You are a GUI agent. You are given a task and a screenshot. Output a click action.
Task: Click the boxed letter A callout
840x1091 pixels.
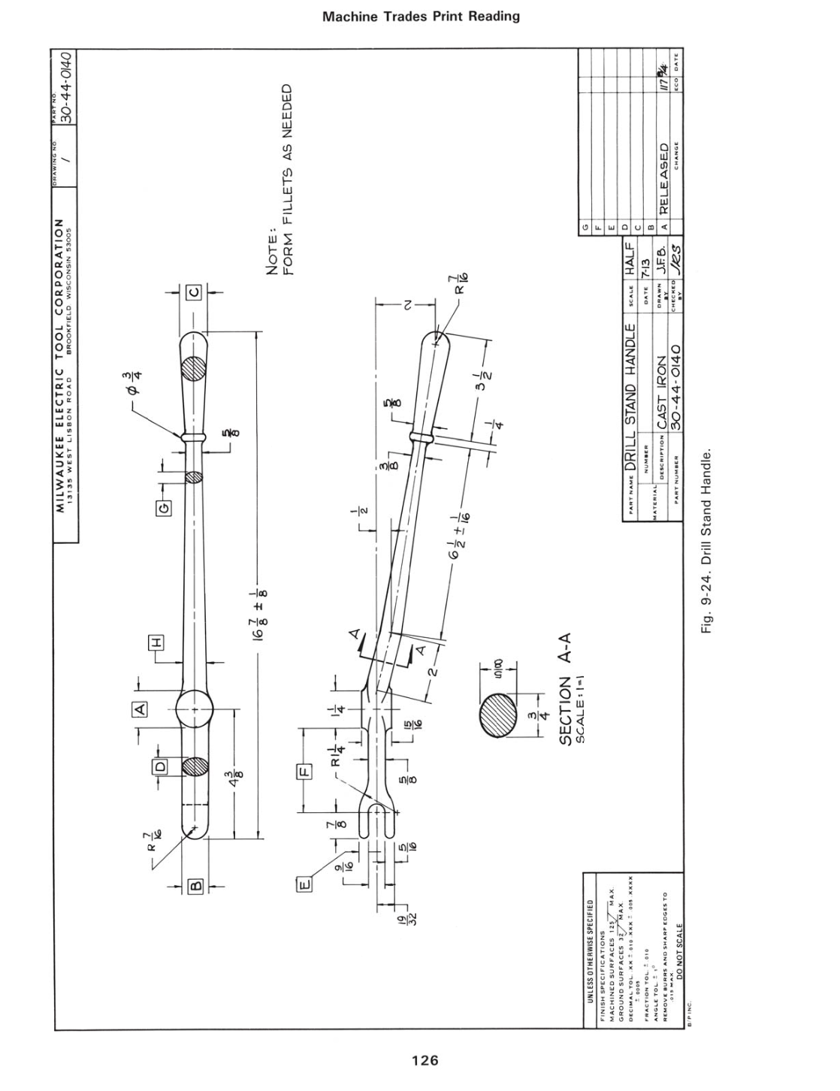140,708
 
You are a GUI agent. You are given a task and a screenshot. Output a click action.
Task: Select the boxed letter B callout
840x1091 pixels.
195,887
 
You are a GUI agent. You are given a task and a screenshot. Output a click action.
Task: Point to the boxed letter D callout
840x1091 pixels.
159,767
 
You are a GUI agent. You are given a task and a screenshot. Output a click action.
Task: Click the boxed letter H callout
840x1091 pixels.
157,644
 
